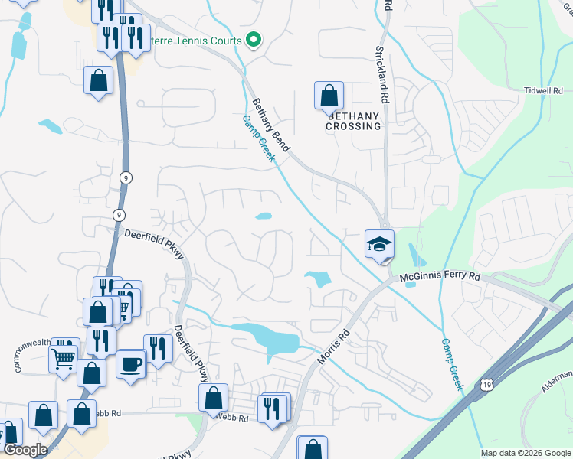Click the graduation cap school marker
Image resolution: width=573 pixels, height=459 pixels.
coord(379,245)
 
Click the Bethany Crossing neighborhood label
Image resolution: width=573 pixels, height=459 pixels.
coord(353,121)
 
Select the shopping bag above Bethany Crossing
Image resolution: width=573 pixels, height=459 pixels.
coord(329,96)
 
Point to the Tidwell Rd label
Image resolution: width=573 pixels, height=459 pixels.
coord(543,90)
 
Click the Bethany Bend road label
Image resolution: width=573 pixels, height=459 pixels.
coord(270,125)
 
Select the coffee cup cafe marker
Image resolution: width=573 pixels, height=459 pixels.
coord(131,363)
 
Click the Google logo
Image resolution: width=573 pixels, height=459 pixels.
coord(25,450)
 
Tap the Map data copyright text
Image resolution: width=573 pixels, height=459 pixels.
coord(525,453)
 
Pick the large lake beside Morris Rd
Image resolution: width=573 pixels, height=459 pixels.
coord(266,337)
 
